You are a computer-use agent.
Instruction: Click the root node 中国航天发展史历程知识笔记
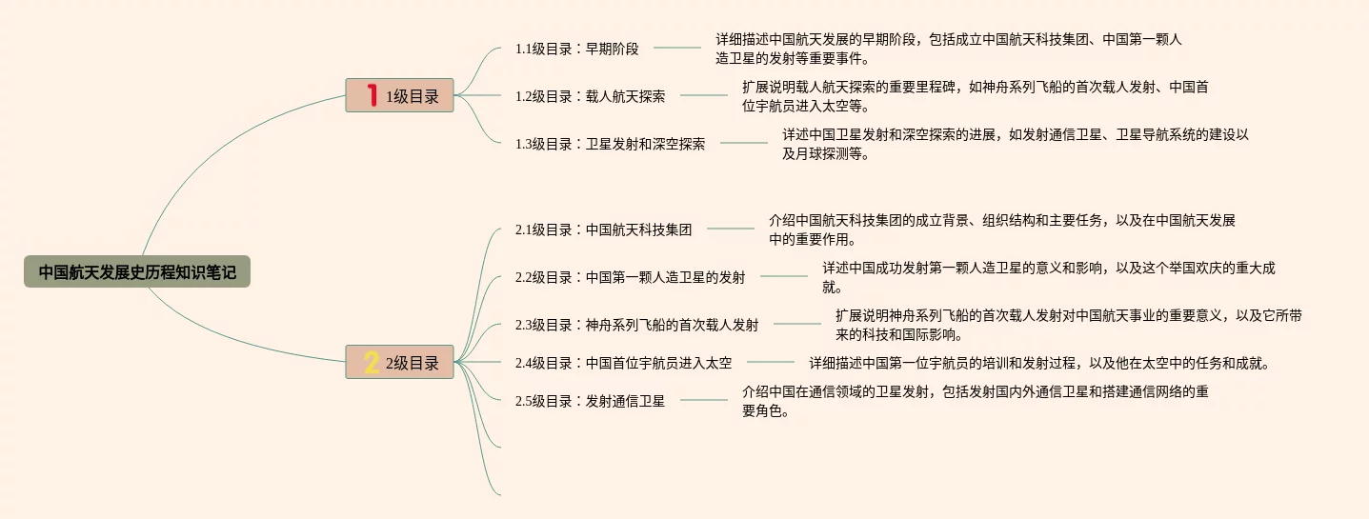137,272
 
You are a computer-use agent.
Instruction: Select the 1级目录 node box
399,95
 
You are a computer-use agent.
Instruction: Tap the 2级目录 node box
399,362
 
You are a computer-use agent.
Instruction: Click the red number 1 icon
371,95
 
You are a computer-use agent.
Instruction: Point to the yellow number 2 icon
371,362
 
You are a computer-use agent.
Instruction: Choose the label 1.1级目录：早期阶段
577,49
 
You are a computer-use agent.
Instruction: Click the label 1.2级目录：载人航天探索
591,96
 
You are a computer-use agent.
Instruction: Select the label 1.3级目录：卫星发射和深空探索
611,144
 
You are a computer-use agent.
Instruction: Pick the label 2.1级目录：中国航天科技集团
604,230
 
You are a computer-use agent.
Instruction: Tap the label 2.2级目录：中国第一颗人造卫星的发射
631,277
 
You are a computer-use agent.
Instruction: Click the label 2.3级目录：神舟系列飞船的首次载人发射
637,325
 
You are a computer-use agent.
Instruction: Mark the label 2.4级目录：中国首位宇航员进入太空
624,363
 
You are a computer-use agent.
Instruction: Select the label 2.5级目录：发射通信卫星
591,401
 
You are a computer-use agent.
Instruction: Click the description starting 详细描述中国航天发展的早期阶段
949,49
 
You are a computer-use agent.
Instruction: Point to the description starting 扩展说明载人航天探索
976,96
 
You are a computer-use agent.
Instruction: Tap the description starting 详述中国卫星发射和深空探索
1016,144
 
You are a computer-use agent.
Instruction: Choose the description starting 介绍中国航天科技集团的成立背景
1002,230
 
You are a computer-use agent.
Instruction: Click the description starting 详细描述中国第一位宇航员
1041,363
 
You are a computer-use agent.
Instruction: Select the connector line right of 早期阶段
677,48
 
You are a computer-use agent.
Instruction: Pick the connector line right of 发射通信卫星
704,400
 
